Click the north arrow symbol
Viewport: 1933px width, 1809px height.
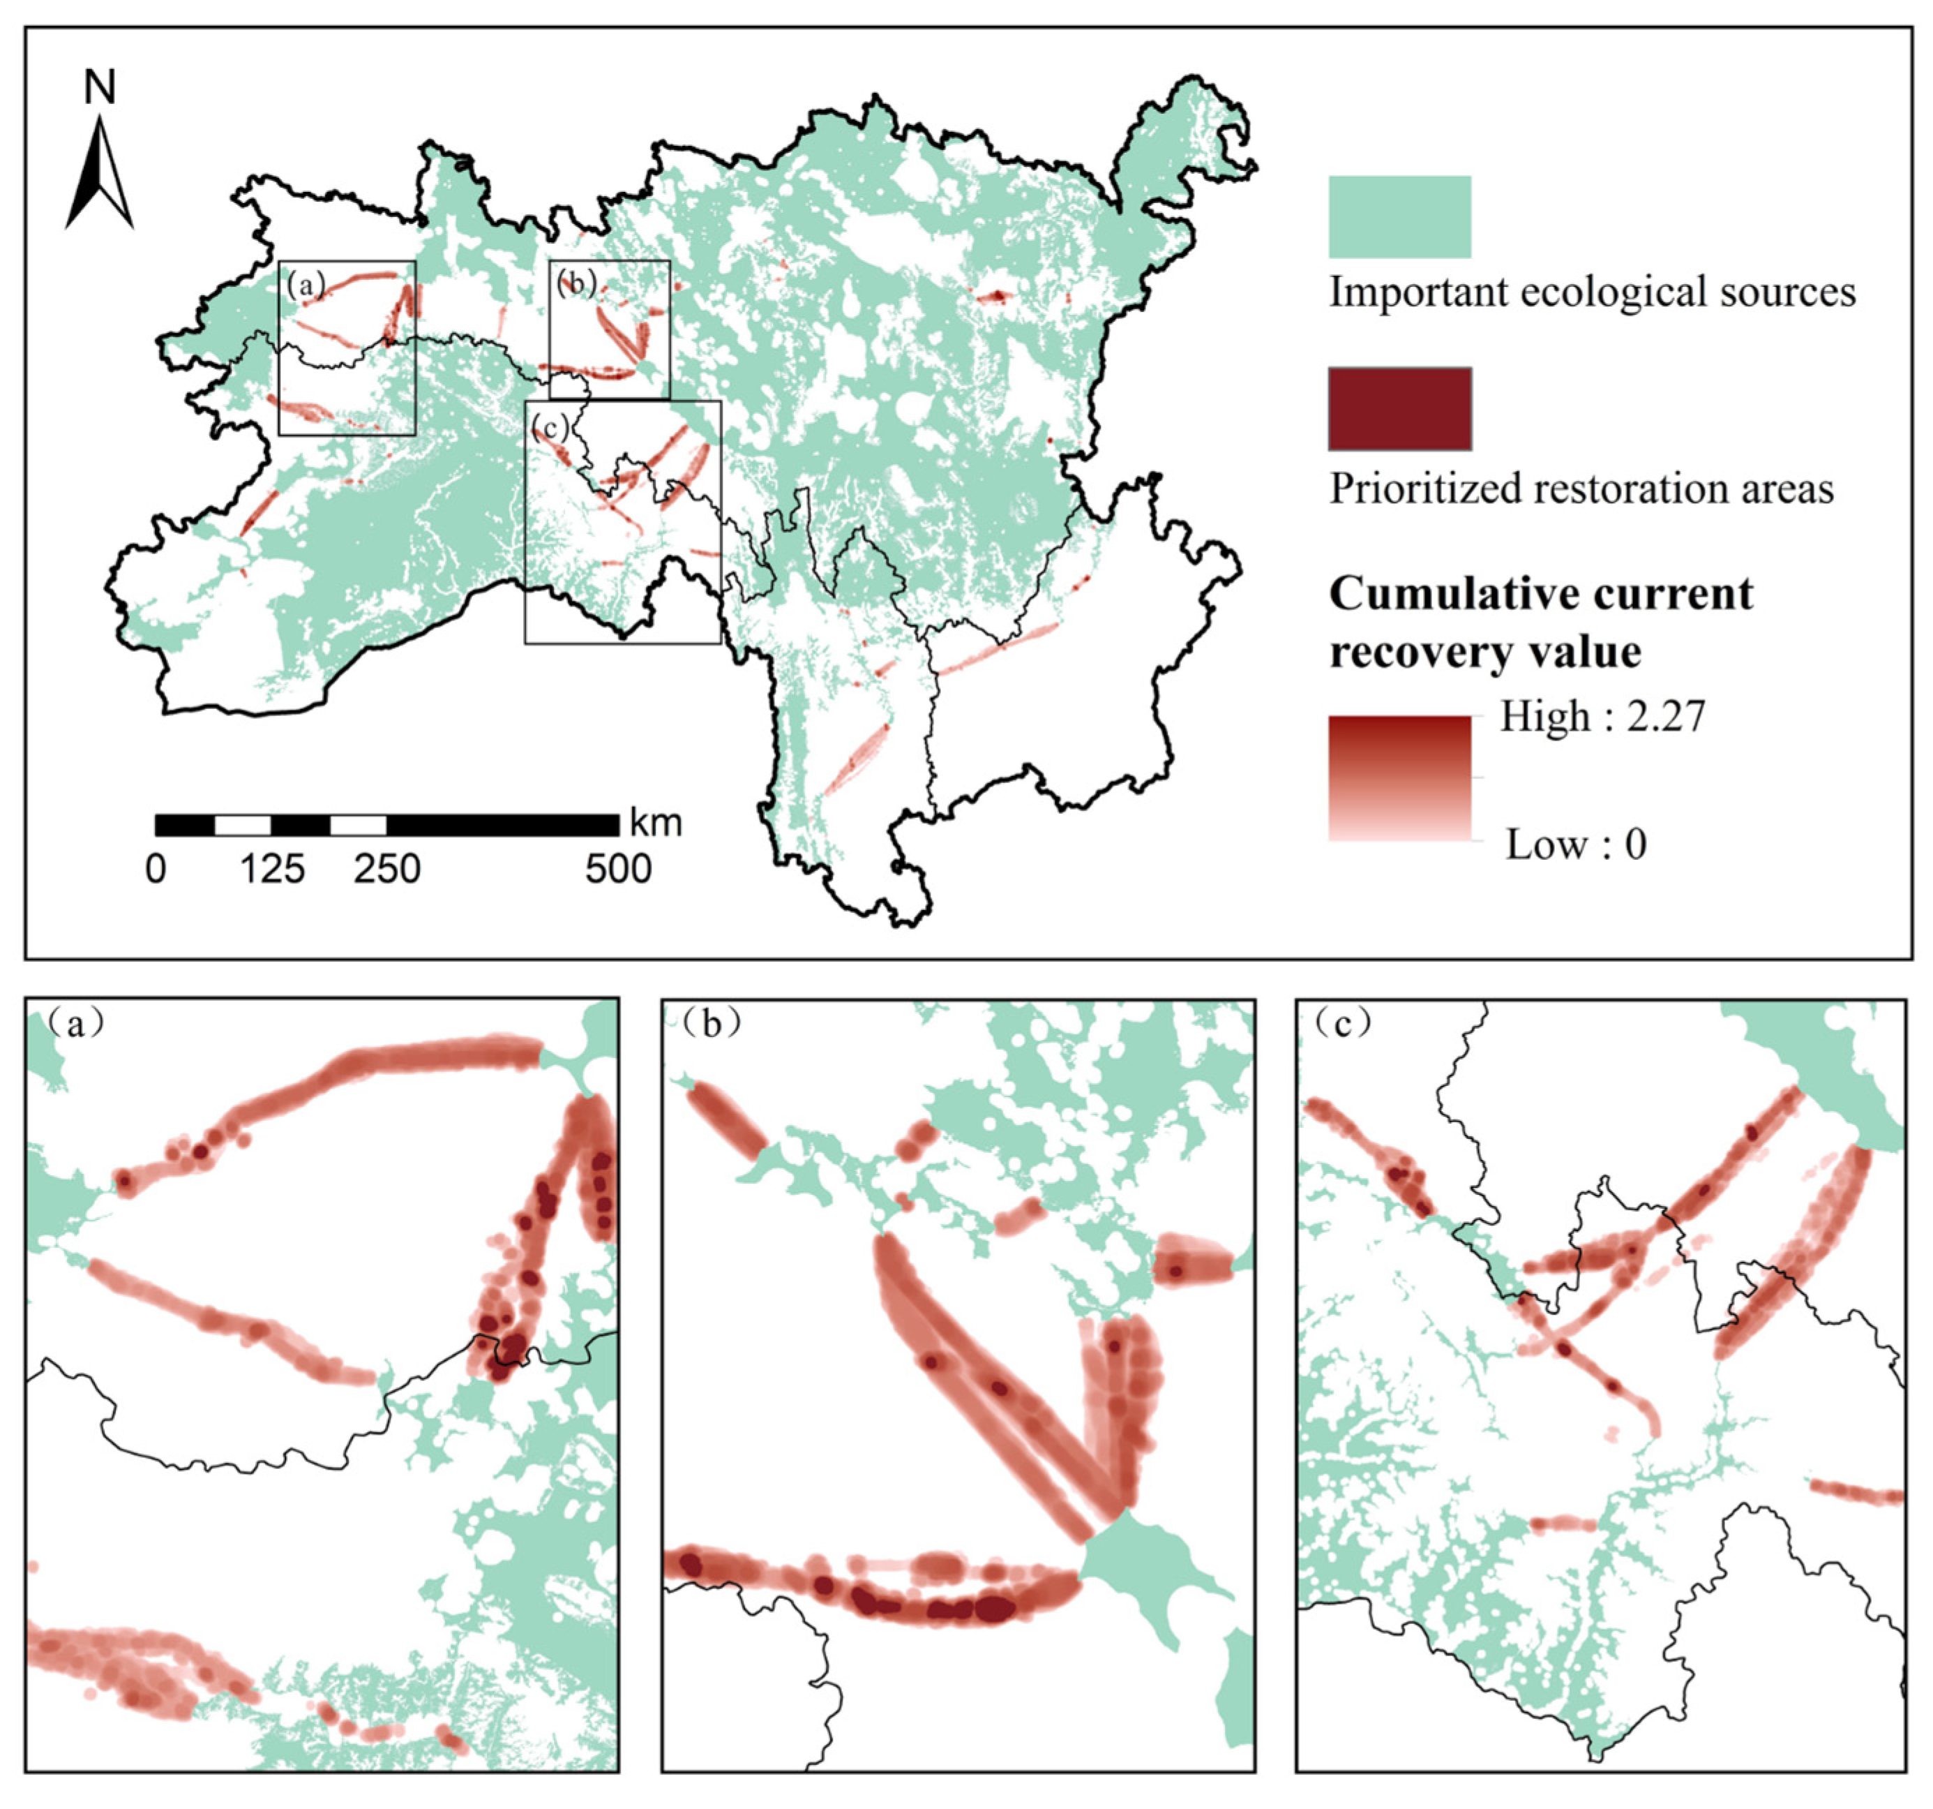point(99,175)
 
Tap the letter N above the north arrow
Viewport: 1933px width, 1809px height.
point(99,87)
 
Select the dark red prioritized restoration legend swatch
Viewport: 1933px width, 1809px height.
point(1399,408)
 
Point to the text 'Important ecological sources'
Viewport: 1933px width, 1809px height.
point(1592,292)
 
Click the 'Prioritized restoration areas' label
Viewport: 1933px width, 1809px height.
point(1581,489)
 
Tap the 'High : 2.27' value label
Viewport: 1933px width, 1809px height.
point(1602,717)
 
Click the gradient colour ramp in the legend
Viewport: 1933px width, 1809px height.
point(1399,778)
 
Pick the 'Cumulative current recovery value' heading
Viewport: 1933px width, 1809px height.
point(1540,623)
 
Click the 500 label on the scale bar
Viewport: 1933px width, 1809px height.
point(618,868)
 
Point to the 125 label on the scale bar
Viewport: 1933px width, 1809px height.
point(272,868)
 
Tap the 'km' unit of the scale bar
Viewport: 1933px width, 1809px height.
point(656,823)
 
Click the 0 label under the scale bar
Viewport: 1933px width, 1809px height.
point(156,868)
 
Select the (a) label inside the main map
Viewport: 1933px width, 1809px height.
point(306,284)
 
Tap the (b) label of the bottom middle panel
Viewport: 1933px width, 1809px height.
point(711,1024)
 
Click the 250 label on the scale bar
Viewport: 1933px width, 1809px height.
point(387,868)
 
